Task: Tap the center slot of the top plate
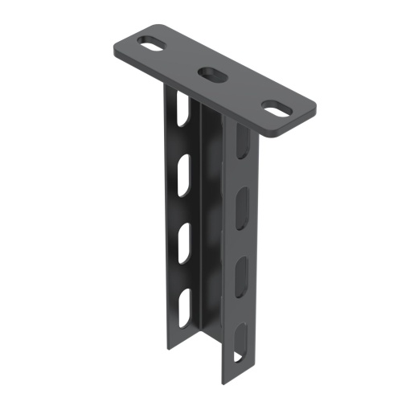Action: (213, 73)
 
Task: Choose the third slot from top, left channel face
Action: (184, 239)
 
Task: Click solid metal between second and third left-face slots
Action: (183, 204)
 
